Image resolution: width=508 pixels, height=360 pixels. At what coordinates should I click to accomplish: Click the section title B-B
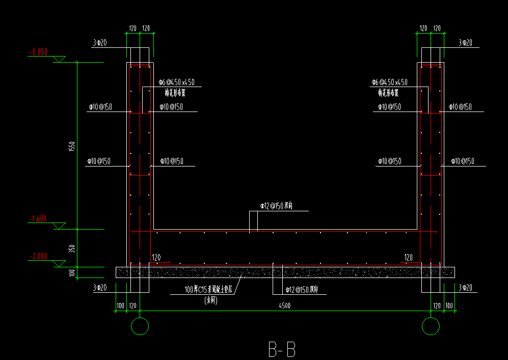(x=282, y=350)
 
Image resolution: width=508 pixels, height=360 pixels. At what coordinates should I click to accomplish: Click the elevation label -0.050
(x=38, y=52)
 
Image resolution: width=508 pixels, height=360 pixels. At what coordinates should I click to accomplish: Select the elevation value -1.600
(x=38, y=219)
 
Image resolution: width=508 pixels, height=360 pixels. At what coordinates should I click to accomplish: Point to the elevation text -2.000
(x=38, y=257)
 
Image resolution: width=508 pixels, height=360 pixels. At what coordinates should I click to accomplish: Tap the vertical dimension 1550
(x=72, y=146)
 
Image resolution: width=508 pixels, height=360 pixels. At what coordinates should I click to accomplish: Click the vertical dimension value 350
(x=72, y=248)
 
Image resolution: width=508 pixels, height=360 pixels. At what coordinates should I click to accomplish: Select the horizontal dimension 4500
(x=285, y=306)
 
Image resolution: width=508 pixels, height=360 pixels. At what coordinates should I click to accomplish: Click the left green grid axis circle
(x=140, y=326)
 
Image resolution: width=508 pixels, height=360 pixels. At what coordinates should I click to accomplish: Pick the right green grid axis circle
(x=431, y=326)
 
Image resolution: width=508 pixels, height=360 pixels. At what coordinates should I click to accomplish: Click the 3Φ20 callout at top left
(x=100, y=43)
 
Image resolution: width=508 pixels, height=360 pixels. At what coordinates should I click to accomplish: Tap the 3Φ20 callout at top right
(x=465, y=43)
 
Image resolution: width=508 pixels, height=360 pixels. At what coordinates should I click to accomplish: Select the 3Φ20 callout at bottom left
(x=100, y=288)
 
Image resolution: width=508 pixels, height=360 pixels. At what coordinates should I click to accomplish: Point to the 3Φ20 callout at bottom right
(x=465, y=288)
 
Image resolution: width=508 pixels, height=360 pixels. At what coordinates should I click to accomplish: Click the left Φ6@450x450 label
(x=176, y=82)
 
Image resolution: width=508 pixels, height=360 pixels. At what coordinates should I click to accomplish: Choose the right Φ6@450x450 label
(x=389, y=82)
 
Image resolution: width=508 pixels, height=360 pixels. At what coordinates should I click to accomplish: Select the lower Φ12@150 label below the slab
(x=302, y=290)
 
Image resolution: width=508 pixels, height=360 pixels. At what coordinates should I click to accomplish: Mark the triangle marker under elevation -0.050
(x=60, y=60)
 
